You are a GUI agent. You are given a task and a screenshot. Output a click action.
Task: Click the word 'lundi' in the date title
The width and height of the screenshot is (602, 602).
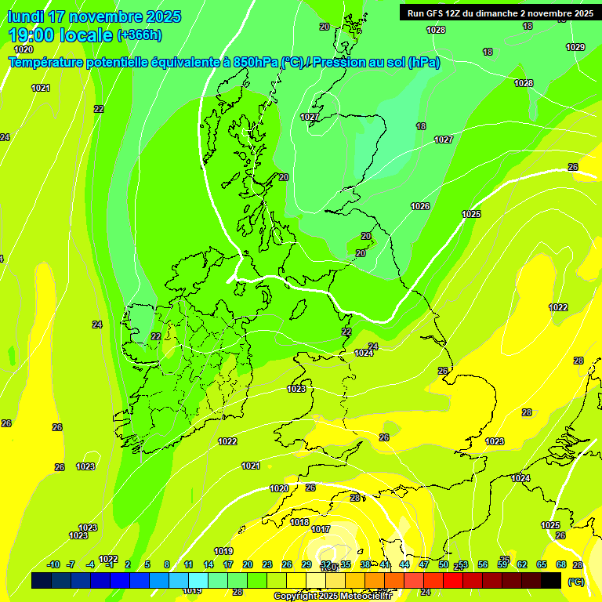click(26, 16)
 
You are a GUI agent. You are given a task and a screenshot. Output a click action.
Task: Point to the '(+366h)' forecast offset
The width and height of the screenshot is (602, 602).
click(140, 35)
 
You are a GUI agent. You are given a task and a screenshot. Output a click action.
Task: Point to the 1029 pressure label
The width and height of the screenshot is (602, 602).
click(575, 47)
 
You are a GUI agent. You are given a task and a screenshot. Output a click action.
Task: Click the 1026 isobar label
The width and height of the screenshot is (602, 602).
click(420, 206)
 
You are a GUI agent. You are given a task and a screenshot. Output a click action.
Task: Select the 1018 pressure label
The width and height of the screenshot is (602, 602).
click(299, 522)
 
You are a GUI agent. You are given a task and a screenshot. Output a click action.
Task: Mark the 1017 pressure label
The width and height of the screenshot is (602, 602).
click(321, 530)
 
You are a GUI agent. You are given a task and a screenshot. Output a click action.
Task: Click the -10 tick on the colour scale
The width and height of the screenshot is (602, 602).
click(53, 564)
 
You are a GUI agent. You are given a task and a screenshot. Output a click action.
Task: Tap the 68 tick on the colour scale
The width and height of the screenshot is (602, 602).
click(561, 564)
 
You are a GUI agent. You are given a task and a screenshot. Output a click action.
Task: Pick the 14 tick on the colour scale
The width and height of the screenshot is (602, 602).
click(209, 564)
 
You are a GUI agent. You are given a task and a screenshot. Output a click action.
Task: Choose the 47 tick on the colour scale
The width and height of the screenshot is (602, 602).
click(424, 564)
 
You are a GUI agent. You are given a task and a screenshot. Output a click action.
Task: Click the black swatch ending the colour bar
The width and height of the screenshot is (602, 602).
click(551, 580)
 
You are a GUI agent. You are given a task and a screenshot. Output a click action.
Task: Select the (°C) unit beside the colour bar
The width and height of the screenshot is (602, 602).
click(575, 581)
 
